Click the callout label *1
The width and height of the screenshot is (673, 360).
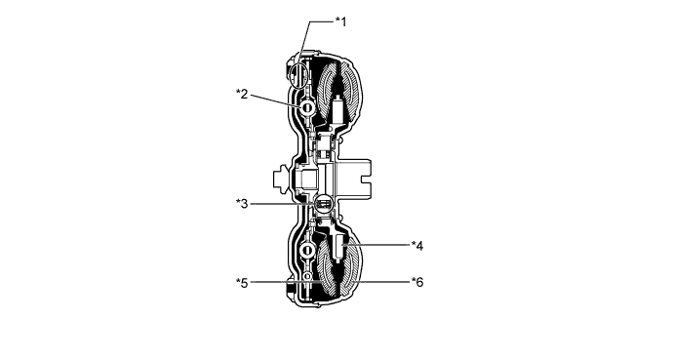point(340,21)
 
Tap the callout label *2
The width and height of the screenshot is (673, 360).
point(242,94)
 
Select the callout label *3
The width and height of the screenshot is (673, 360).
point(242,203)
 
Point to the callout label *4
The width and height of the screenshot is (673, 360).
point(417,246)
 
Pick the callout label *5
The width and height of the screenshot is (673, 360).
point(242,283)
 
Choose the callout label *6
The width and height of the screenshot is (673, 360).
point(417,282)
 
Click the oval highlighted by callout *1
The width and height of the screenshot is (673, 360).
point(299,75)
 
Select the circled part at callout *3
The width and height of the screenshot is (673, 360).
point(323,203)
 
